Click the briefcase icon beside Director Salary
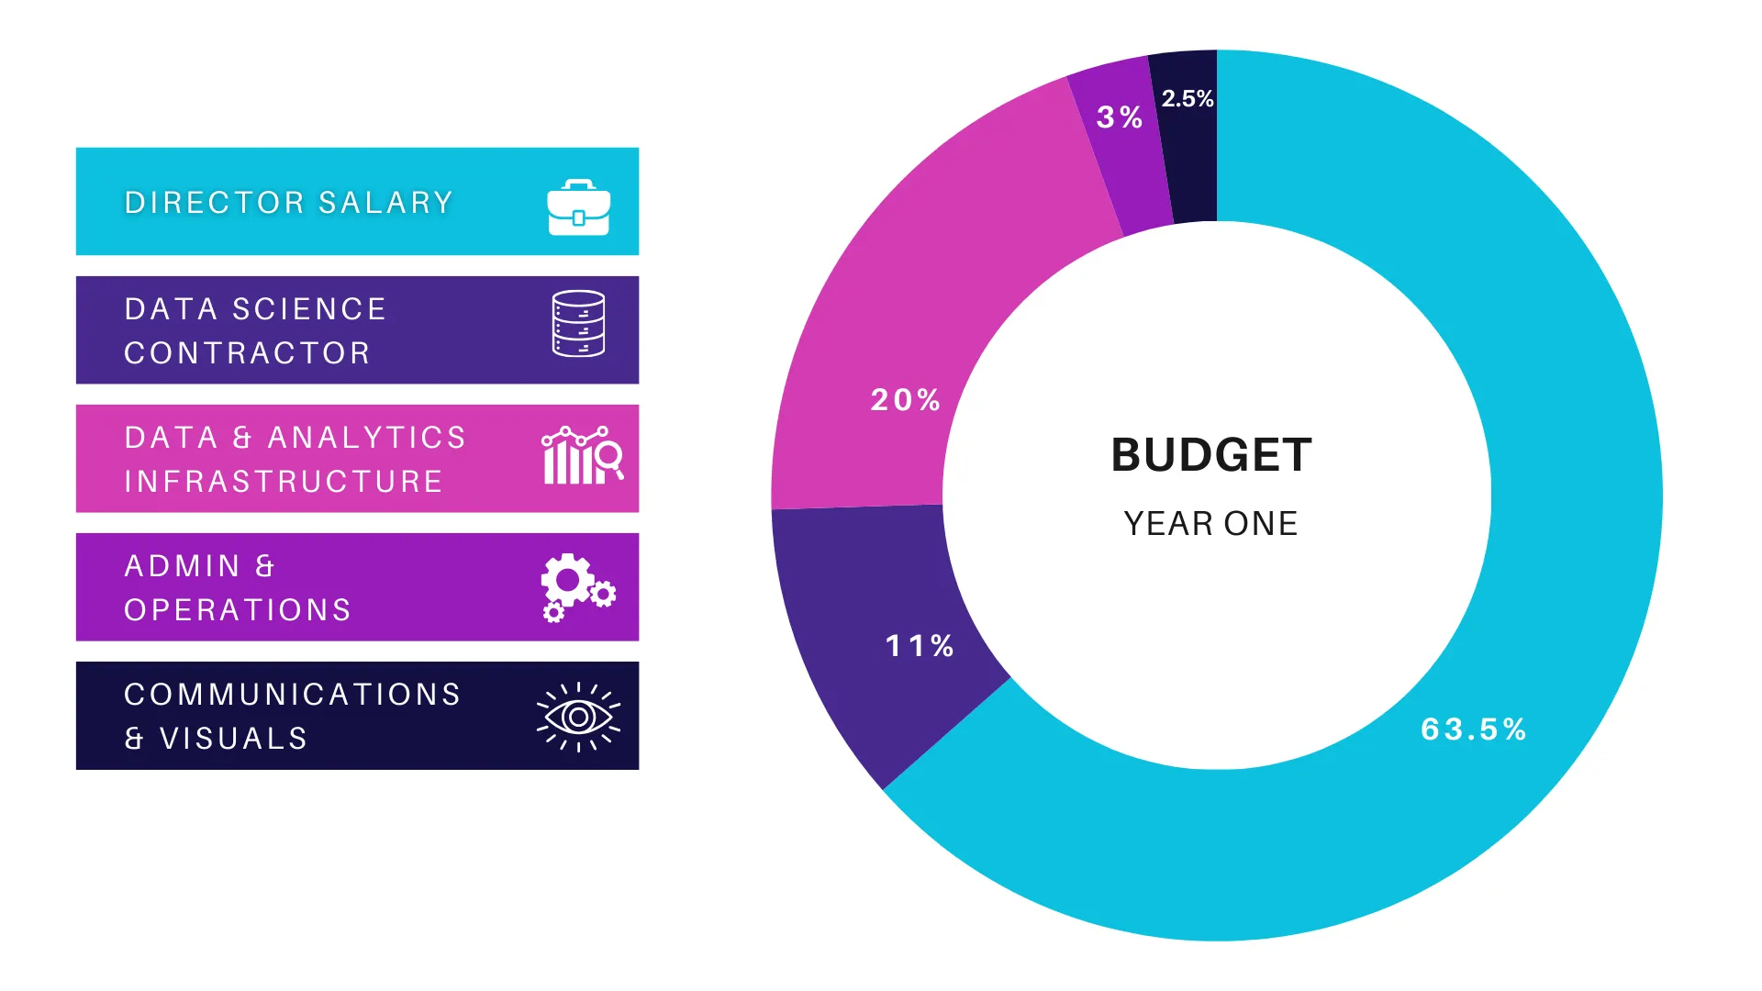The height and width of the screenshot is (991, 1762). click(578, 208)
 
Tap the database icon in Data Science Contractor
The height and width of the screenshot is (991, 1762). click(578, 324)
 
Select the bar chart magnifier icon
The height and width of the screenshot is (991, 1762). click(582, 455)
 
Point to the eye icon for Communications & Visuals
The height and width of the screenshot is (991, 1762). click(578, 717)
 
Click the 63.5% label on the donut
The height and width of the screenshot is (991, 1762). click(1473, 729)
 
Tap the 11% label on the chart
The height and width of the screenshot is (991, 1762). click(920, 646)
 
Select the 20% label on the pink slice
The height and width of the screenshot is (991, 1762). click(906, 400)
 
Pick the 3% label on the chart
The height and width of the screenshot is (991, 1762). click(1120, 117)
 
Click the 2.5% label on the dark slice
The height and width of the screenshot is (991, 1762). click(1188, 98)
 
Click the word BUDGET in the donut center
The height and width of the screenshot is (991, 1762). click(1211, 455)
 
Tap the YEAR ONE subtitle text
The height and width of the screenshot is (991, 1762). click(1211, 524)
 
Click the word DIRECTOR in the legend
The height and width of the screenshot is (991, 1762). click(214, 203)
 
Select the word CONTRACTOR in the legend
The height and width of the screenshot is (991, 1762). click(247, 353)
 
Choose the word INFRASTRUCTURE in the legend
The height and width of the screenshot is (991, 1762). click(284, 482)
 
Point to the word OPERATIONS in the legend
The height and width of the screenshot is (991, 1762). click(238, 610)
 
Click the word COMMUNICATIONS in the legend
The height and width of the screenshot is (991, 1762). click(293, 695)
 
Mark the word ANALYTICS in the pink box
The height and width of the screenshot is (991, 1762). click(367, 438)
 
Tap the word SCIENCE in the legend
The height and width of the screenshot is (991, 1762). click(309, 309)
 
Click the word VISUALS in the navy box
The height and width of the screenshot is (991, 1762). click(234, 739)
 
